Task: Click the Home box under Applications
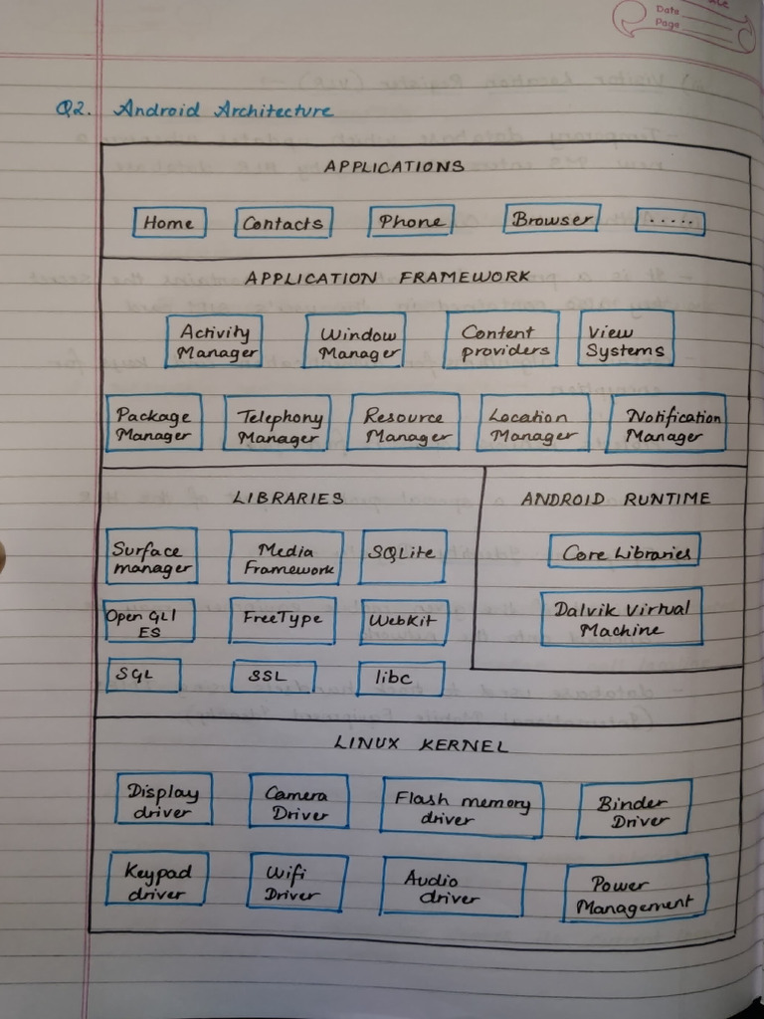coord(169,223)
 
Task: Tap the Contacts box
coord(284,223)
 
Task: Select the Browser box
coord(552,219)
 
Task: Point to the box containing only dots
coord(669,222)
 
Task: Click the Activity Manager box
coord(214,341)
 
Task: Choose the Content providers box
coord(505,341)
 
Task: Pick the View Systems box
coord(626,339)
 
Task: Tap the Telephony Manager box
coord(278,426)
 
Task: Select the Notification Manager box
coord(666,425)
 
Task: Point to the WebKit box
coord(404,621)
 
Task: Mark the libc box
coord(393,678)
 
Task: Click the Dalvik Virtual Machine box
coord(622,618)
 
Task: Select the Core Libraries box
coord(624,551)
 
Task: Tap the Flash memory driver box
coord(462,806)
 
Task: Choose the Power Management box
coord(636,893)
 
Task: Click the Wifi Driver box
coord(296,883)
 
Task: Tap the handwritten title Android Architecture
coord(223,109)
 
